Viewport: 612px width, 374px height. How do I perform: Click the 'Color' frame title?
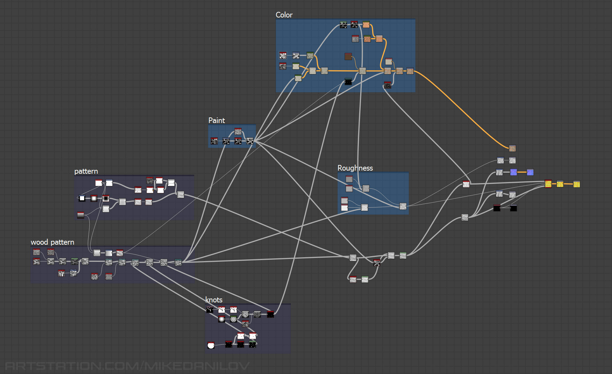click(284, 15)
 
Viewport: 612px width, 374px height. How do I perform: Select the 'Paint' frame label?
click(216, 120)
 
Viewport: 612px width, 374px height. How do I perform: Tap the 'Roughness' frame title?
click(355, 168)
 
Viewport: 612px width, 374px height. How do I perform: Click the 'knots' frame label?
click(214, 300)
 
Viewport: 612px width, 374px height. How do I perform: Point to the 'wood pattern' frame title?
click(52, 242)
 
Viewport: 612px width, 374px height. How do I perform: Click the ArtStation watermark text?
click(127, 366)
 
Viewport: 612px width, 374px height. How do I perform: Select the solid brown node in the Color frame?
click(348, 56)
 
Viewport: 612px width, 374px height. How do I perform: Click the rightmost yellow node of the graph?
click(576, 184)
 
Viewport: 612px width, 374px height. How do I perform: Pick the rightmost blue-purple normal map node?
click(530, 172)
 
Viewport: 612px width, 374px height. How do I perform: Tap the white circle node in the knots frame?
click(211, 345)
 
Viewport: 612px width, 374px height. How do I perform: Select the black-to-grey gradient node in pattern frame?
click(81, 215)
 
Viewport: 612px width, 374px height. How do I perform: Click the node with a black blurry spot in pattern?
click(106, 198)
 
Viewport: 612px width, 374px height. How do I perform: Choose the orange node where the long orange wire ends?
click(512, 148)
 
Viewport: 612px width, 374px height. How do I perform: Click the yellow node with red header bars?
click(548, 184)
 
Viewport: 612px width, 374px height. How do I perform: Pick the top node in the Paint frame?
click(238, 131)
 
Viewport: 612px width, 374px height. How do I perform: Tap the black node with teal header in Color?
click(348, 81)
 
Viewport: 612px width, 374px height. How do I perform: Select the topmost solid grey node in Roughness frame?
click(349, 179)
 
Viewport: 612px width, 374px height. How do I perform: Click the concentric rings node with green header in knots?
click(234, 319)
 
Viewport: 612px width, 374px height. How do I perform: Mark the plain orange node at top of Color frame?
click(366, 24)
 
